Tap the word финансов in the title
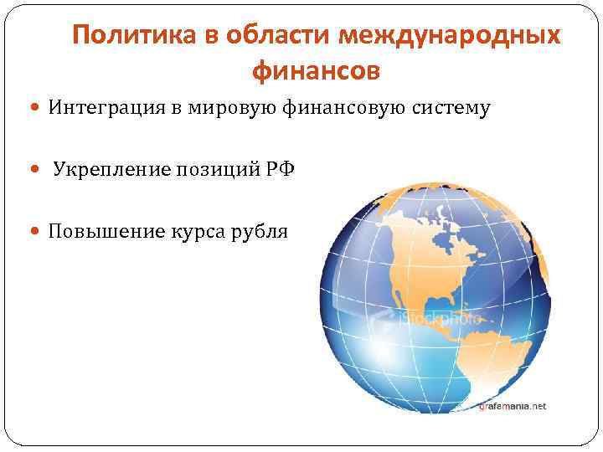(x=315, y=72)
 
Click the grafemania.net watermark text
(x=512, y=406)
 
